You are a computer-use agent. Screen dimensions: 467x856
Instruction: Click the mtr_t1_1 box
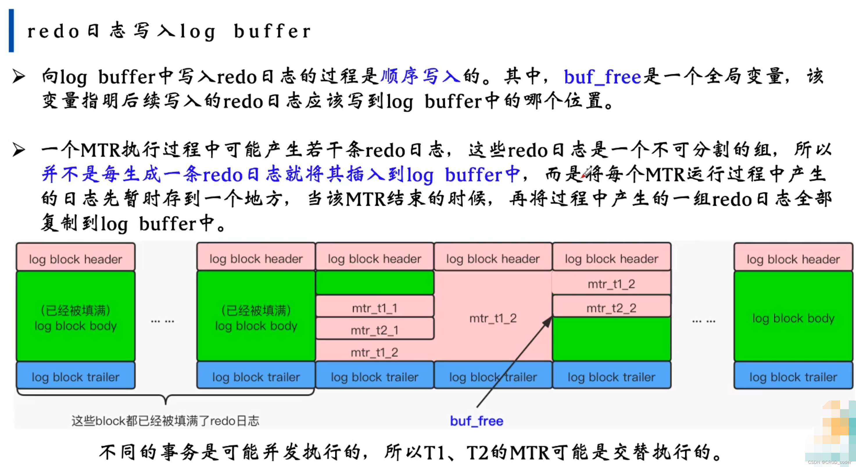pyautogui.click(x=375, y=308)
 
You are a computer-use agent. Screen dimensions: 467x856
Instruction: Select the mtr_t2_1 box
pyautogui.click(x=375, y=330)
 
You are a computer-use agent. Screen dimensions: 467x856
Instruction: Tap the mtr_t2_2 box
pyautogui.click(x=611, y=308)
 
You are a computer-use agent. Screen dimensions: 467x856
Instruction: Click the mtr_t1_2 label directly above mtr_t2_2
pyautogui.click(x=611, y=284)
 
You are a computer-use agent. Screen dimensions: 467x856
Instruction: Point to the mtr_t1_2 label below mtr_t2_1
pyautogui.click(x=375, y=352)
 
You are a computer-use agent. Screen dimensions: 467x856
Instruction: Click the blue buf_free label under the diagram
pyautogui.click(x=477, y=421)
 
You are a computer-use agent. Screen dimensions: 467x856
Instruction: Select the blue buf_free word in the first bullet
pyautogui.click(x=602, y=77)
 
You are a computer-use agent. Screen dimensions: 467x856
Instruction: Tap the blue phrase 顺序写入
pyautogui.click(x=420, y=76)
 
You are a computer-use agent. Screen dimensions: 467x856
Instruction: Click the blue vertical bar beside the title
pyautogui.click(x=11, y=31)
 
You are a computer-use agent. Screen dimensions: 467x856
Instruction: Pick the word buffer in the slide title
pyautogui.click(x=272, y=31)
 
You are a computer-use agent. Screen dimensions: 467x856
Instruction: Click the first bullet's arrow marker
pyautogui.click(x=19, y=76)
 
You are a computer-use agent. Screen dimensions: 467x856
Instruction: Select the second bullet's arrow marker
pyautogui.click(x=19, y=150)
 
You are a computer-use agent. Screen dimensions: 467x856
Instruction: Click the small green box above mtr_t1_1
pyautogui.click(x=375, y=283)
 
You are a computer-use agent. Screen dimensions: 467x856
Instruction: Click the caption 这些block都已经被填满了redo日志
pyautogui.click(x=165, y=421)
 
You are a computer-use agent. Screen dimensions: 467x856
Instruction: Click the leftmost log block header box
pyautogui.click(x=76, y=259)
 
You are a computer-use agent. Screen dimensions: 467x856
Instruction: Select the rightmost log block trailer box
pyautogui.click(x=793, y=377)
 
